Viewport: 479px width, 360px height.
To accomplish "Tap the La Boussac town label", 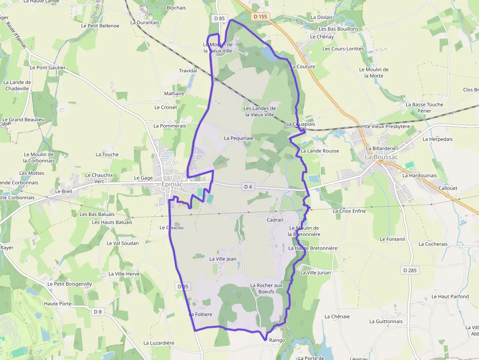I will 382,157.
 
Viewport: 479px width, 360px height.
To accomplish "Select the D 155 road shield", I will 261,17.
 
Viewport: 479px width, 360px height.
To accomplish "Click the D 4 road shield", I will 248,187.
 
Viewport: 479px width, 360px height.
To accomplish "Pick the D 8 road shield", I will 98,312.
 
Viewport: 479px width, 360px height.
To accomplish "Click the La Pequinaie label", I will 239,138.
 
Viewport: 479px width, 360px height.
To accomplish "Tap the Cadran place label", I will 275,220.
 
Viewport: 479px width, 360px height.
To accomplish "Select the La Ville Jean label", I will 223,259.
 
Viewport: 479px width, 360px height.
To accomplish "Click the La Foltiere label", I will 200,314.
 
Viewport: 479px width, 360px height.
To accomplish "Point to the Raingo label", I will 277,340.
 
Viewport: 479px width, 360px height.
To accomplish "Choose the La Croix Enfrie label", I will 349,211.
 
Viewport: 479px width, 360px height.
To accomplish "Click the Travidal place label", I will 188,71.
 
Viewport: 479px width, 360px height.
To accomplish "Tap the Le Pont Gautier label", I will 47,67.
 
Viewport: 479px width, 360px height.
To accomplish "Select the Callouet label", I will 448,188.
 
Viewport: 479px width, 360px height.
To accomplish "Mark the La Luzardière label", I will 159,343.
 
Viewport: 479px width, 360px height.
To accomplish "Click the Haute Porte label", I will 58,303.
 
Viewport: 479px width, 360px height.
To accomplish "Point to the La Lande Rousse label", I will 320,151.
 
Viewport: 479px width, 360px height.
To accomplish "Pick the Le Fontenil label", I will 392,239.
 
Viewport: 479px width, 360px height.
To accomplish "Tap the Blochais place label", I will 176,8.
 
